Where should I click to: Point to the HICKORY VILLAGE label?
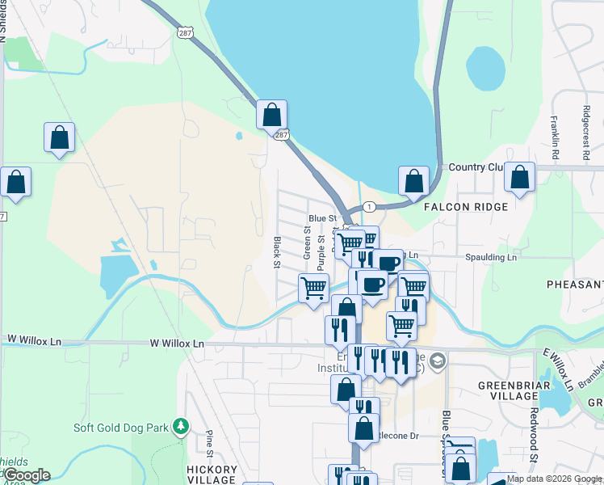(212, 474)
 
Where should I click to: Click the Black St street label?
(276, 252)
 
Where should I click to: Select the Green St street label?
(307, 242)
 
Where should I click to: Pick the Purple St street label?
(321, 251)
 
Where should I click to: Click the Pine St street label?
(210, 444)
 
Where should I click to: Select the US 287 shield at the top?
(184, 31)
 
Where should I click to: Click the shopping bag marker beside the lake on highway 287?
(272, 115)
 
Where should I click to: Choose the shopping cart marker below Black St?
(313, 288)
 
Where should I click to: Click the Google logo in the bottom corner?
(27, 475)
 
